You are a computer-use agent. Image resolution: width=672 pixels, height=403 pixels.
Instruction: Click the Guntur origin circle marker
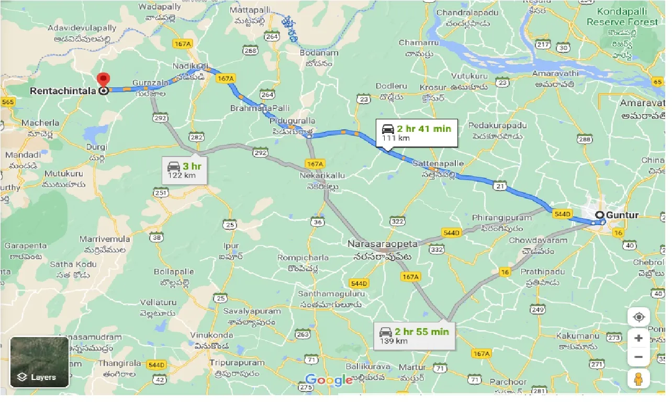600,215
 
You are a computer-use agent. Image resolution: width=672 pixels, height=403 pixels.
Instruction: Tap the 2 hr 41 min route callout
417,133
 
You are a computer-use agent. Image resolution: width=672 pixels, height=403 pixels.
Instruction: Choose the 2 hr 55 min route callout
415,335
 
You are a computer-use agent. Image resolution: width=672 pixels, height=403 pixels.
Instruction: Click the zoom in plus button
638,338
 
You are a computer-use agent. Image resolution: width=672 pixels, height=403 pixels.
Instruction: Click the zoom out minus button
638,357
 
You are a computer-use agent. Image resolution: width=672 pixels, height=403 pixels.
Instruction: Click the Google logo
329,380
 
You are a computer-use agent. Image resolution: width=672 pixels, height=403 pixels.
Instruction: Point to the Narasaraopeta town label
383,244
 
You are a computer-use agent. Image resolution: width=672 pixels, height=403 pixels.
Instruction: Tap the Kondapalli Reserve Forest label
622,17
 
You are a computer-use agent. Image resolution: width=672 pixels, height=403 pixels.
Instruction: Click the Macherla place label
40,123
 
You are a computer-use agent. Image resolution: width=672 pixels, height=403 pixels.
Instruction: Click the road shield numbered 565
7,102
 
